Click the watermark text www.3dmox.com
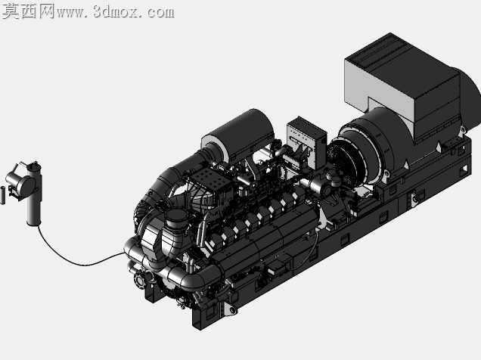click(x=116, y=11)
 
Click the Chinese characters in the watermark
click(x=29, y=11)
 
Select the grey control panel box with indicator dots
click(x=306, y=142)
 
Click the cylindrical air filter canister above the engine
click(x=238, y=136)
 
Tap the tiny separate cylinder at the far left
click(x=3, y=195)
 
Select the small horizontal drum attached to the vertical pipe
click(x=20, y=183)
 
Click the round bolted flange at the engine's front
click(x=140, y=281)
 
